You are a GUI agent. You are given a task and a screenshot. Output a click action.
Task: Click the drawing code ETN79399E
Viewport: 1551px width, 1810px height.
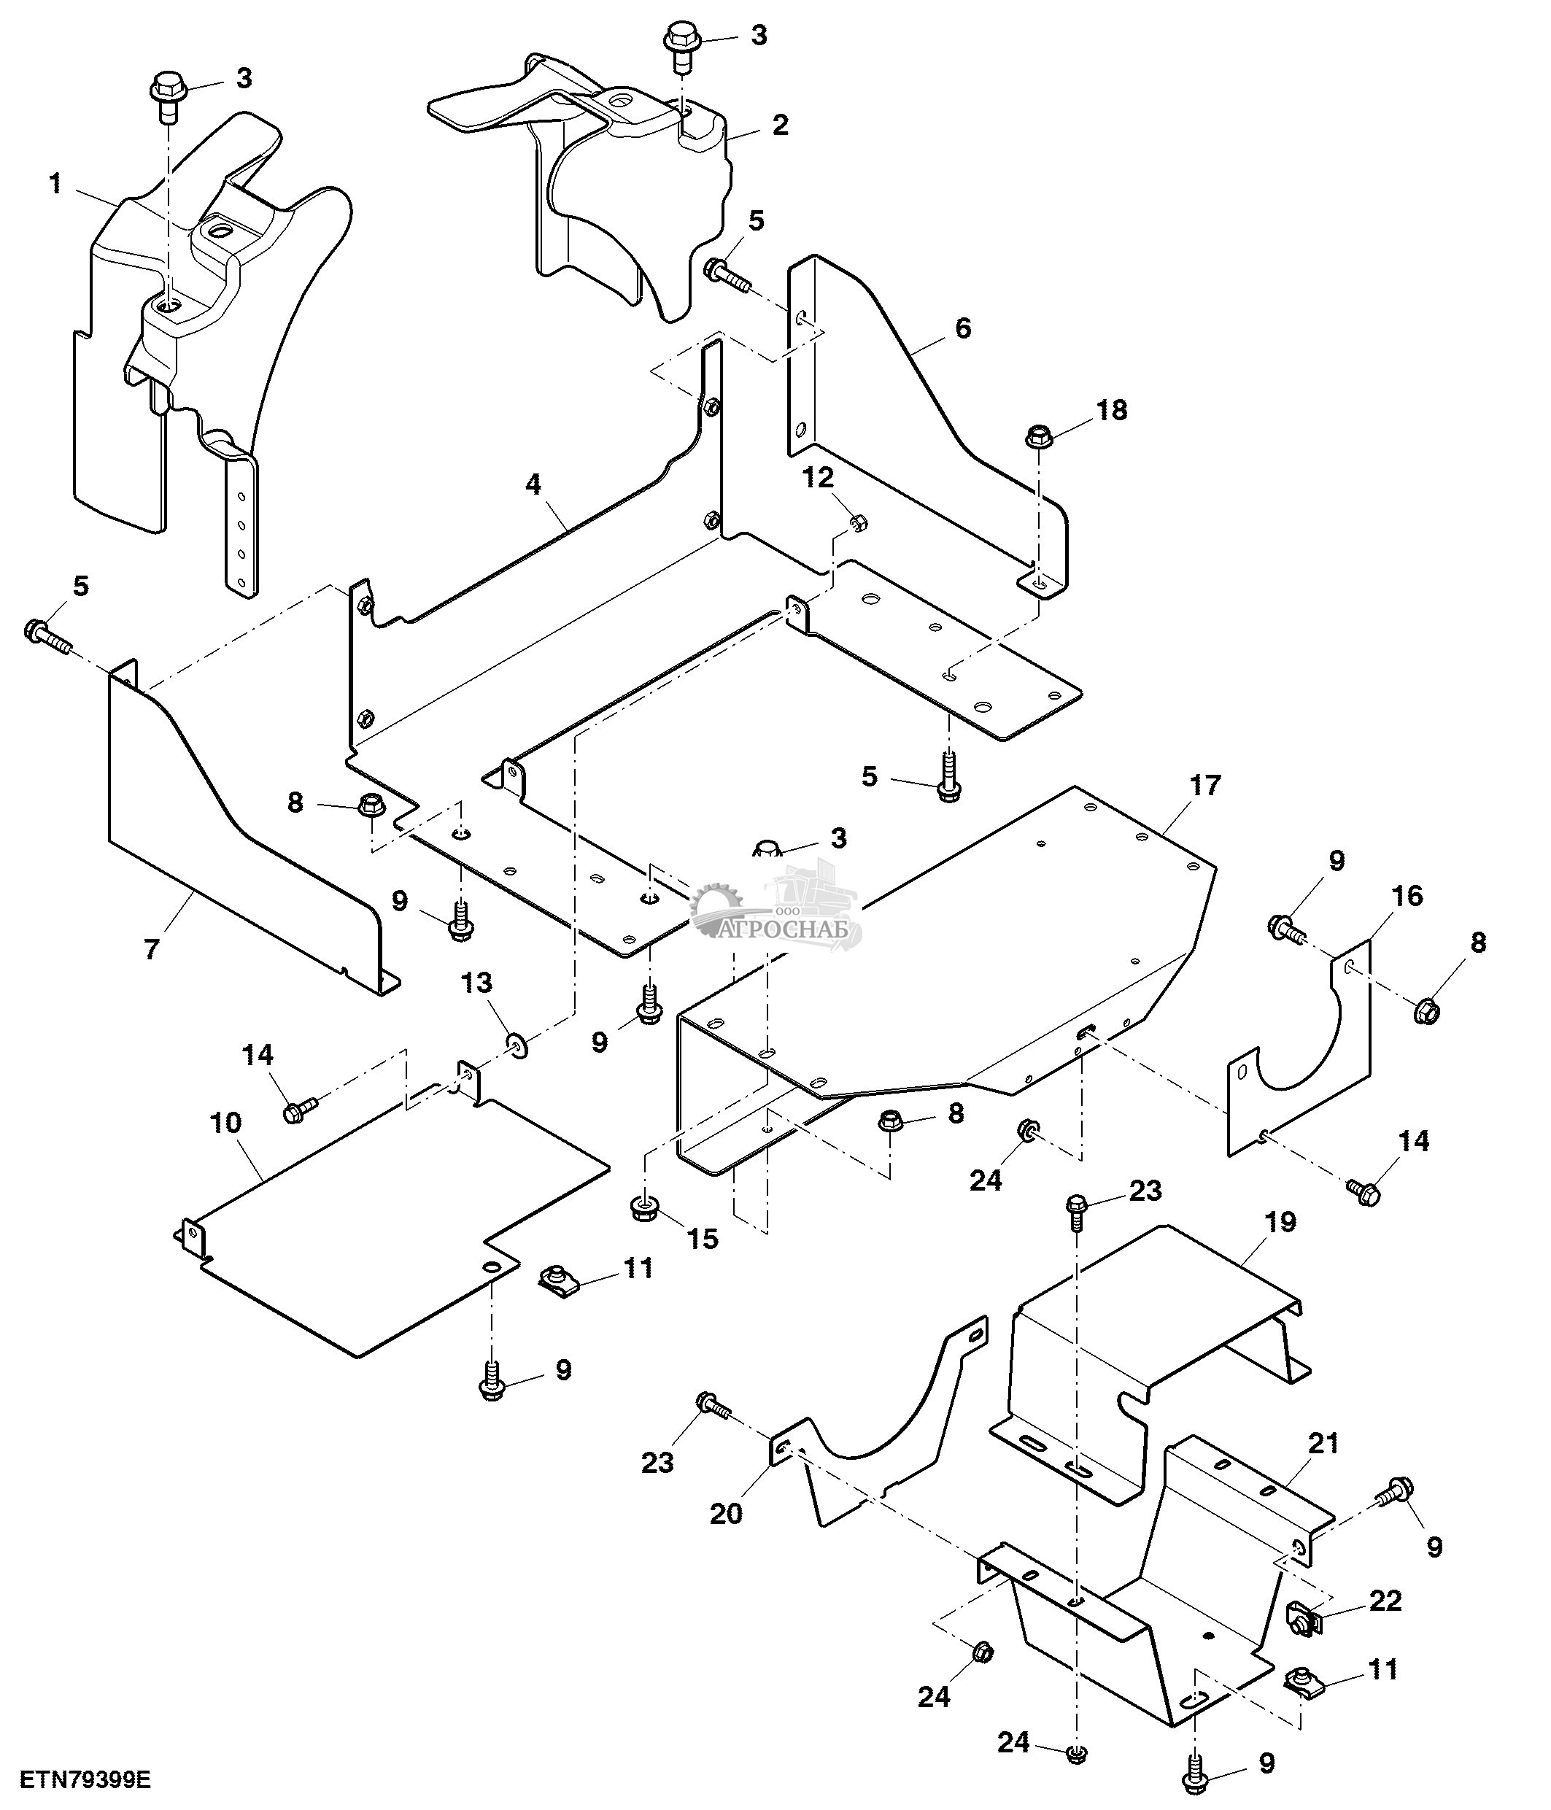pos(85,1779)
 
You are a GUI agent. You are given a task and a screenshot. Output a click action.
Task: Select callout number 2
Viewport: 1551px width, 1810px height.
pos(780,125)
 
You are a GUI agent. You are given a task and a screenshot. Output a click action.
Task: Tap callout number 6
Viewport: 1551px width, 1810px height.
pos(962,328)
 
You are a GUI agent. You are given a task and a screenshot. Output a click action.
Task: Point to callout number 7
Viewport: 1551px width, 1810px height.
pos(152,948)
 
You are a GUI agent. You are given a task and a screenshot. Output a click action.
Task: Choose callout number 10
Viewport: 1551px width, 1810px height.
pos(225,1123)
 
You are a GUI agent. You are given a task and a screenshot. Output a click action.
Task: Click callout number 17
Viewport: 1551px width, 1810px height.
pos(1204,785)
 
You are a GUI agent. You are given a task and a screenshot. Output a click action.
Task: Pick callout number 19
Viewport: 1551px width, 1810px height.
pos(1280,1222)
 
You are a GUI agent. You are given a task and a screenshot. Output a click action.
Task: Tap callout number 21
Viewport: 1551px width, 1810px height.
pos(1324,1443)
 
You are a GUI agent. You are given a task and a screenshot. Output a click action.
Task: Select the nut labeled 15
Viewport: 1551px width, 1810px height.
pos(643,1209)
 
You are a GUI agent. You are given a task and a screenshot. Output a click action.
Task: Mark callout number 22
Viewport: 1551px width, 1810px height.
pos(1386,1601)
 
